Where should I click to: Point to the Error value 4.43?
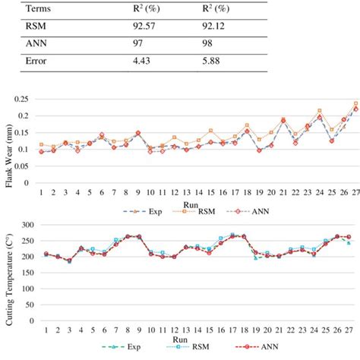142,62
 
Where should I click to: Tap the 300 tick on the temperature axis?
23,226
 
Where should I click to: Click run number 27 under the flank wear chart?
355,192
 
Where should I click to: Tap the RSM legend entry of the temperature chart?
205,349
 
